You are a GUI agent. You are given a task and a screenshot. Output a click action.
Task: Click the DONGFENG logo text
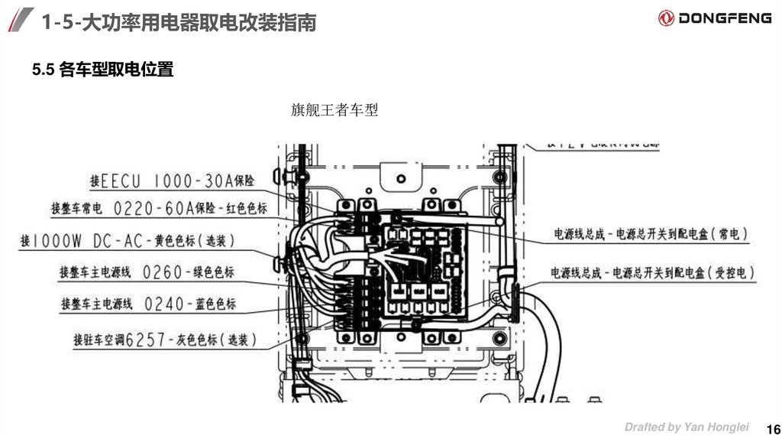(725, 18)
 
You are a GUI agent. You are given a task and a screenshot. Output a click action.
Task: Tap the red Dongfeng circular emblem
(666, 18)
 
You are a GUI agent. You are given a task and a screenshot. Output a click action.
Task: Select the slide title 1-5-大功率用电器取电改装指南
(179, 22)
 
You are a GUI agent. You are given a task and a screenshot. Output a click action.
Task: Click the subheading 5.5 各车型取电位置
(103, 70)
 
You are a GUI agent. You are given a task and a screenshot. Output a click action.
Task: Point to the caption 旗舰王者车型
(334, 110)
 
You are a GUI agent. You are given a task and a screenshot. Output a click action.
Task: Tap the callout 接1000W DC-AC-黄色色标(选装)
(128, 240)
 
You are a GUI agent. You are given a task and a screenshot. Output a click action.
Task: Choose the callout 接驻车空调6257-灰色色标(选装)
(165, 340)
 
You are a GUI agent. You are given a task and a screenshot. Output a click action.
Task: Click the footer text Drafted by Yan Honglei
(687, 427)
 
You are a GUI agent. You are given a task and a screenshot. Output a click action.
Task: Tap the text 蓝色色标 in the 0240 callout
(214, 304)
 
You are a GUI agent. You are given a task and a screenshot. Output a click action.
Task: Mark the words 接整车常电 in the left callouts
(76, 208)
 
